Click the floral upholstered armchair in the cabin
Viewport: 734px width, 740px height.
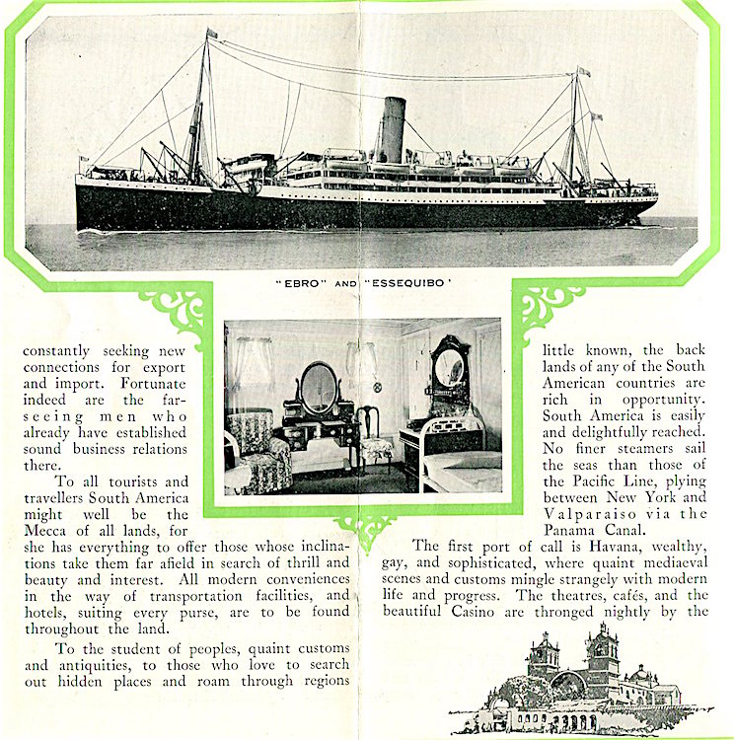point(259,453)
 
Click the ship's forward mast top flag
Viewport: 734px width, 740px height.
point(210,34)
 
